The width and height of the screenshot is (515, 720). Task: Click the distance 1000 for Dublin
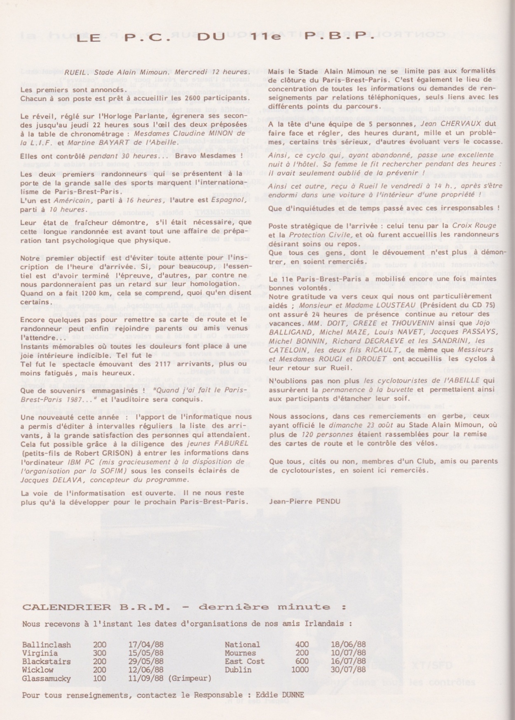[300, 670]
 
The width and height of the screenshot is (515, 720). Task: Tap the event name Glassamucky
[47, 678]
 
